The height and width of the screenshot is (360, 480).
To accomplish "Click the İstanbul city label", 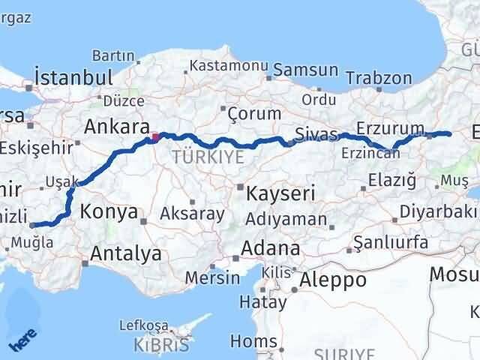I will point(73,77).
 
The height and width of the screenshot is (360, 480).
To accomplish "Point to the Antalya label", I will point(125,253).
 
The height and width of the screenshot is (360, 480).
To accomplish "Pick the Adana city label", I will point(270,248).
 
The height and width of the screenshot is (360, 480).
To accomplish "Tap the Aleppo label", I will point(333,280).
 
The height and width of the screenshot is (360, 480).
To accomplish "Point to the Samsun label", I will point(305,70).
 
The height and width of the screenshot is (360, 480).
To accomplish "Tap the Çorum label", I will point(254,113).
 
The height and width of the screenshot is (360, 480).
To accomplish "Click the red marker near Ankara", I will point(155,137).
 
